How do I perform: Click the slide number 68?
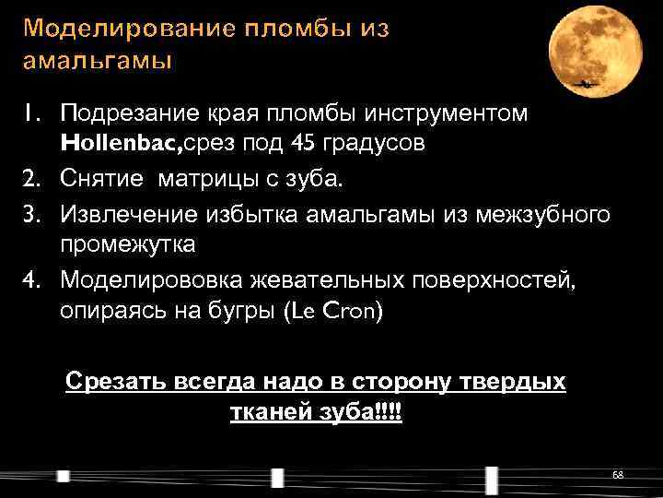[x=618, y=474]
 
